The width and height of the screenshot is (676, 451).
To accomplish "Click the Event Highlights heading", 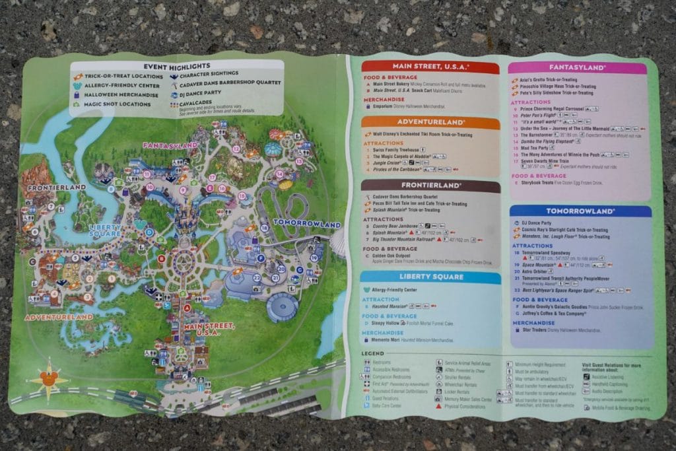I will (x=176, y=66).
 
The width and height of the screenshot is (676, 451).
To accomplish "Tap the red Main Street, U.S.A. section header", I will (x=430, y=67).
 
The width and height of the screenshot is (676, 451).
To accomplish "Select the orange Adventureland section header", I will (x=430, y=122).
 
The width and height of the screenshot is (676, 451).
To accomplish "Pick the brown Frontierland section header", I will (x=430, y=186).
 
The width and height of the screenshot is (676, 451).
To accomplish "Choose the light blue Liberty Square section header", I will (x=430, y=276).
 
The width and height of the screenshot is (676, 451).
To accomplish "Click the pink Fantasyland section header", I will (x=578, y=67).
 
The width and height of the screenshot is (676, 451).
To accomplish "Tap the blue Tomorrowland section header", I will (x=580, y=211).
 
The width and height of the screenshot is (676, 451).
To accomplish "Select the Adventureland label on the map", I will (x=59, y=317).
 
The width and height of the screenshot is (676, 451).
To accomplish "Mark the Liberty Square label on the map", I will (x=105, y=230).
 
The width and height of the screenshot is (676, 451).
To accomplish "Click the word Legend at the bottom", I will (x=374, y=355).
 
